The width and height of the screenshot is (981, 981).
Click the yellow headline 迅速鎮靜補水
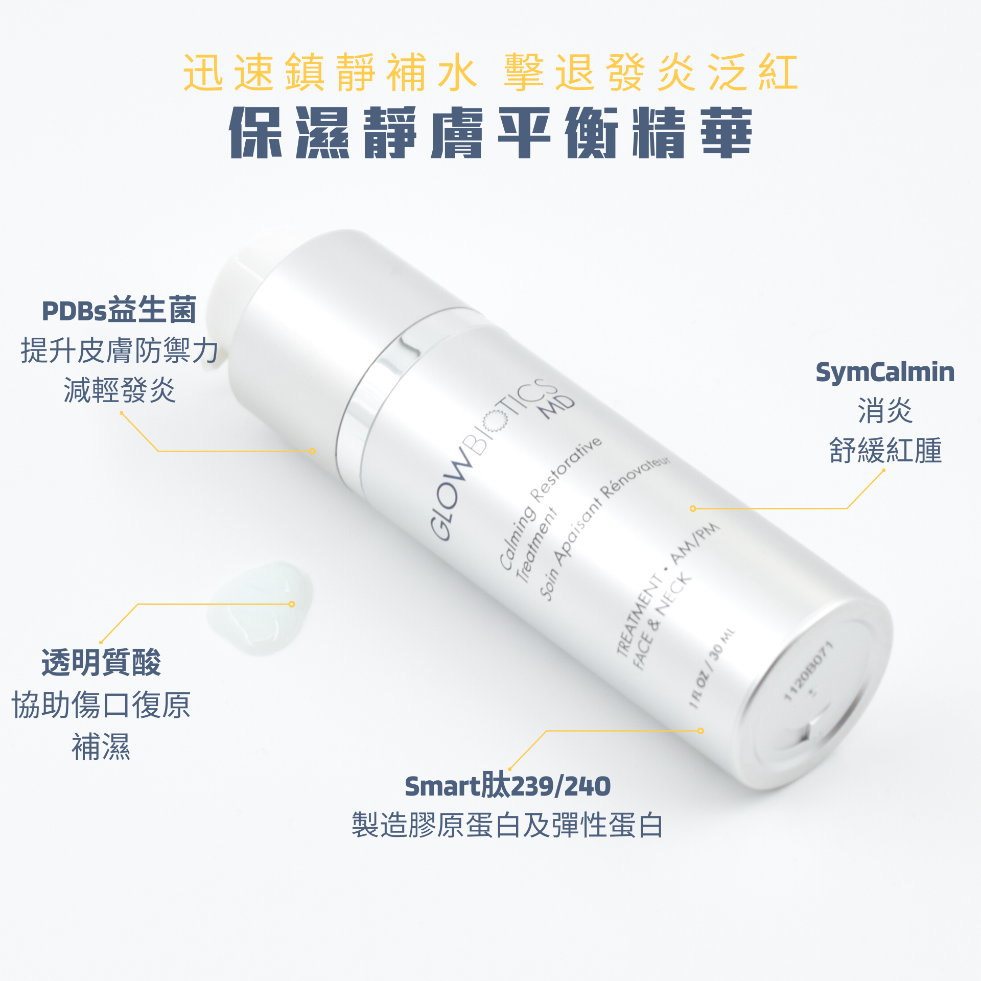(331, 72)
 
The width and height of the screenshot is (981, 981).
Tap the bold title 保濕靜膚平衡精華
(491, 133)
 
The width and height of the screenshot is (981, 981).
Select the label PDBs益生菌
(119, 310)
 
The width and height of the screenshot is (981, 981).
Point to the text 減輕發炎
(120, 390)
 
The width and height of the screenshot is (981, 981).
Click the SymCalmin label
(885, 372)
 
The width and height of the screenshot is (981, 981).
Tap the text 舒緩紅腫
(885, 450)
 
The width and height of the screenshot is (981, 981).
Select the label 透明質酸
(101, 663)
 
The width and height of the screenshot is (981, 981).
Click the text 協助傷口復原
(101, 705)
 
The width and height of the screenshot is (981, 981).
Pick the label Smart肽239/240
(508, 786)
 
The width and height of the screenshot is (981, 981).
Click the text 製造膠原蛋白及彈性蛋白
(508, 825)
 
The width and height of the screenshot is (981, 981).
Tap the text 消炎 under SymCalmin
(885, 411)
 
